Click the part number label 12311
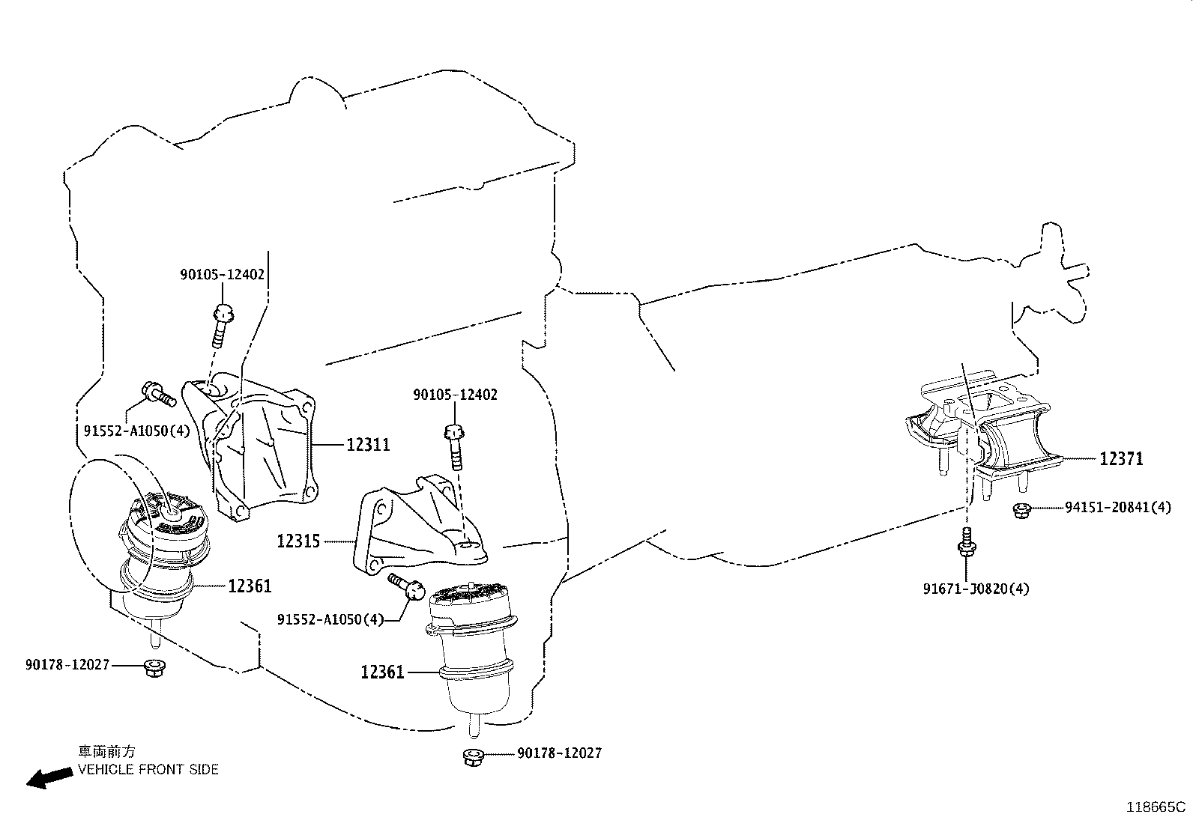coord(368,445)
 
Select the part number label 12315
coord(298,541)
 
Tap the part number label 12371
coord(1122,458)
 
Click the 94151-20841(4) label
coord(1118,507)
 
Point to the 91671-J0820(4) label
coord(976,589)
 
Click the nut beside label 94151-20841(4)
coord(1021,510)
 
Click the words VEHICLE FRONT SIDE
coord(148,769)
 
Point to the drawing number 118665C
coord(1156,807)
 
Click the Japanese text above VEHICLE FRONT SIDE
coord(107,751)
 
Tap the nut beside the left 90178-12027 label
coord(154,667)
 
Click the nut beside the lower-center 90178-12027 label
coord(473,757)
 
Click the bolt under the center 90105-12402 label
coord(455,446)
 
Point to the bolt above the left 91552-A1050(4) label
coord(158,395)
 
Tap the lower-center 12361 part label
coord(382,672)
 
